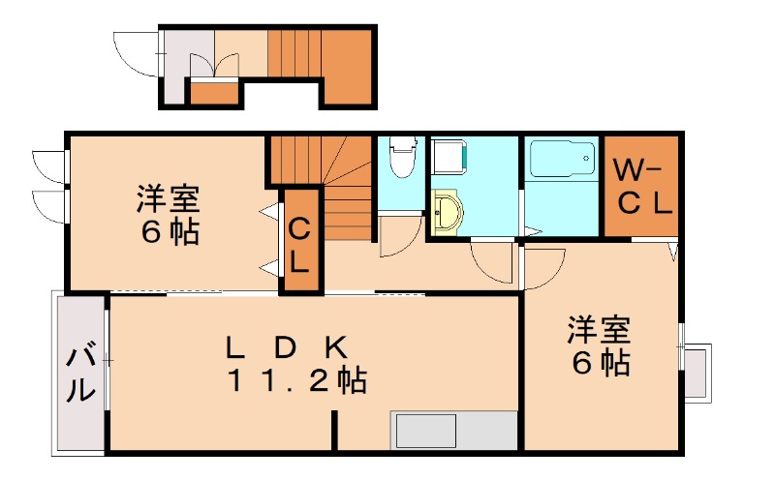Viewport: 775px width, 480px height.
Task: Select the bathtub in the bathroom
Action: [561, 159]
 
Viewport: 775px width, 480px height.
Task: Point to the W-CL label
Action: [640, 188]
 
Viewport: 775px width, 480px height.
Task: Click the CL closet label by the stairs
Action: [298, 245]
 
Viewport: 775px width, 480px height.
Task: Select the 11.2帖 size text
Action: [296, 381]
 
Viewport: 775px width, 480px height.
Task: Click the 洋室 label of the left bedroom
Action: [168, 200]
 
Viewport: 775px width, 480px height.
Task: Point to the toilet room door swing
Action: [397, 237]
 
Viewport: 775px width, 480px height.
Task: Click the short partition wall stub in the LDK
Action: [335, 430]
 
